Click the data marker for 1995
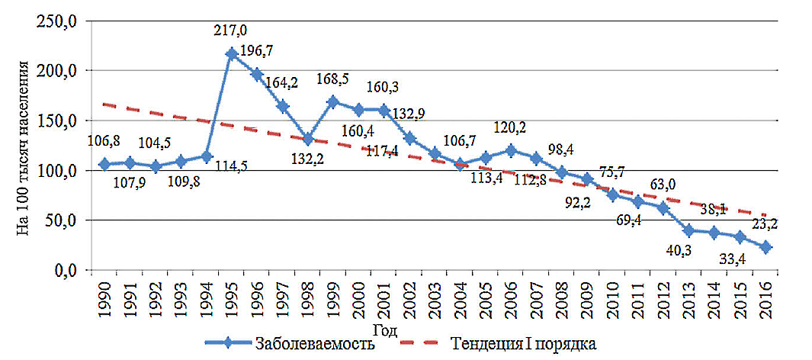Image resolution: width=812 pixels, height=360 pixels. [x=232, y=54]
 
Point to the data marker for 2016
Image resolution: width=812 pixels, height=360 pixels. [x=765, y=247]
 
